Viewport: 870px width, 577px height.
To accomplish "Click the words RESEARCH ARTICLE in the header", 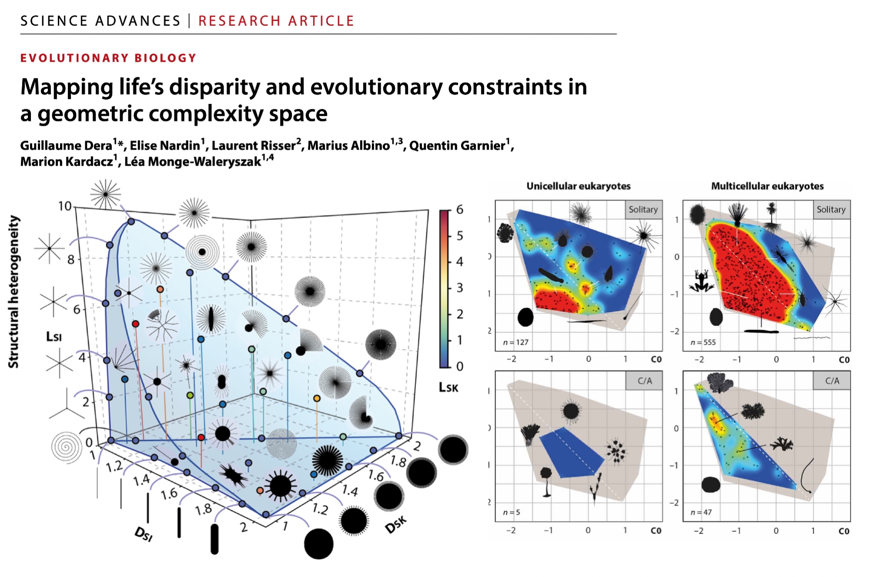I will point(276,21).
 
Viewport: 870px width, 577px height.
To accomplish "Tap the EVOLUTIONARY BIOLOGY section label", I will point(108,58).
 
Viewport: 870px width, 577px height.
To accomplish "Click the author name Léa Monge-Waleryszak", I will point(193,162).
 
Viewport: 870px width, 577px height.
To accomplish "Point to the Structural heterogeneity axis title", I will point(14,292).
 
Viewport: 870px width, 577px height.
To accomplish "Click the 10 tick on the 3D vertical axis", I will point(65,206).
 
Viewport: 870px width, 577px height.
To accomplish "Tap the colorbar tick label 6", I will point(460,210).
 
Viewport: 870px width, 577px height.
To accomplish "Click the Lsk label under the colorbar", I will point(448,387).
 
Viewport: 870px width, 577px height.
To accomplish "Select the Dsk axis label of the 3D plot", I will point(396,524).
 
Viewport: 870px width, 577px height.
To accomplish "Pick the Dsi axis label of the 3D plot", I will point(143,533).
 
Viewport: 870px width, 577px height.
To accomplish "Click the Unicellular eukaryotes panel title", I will point(578,186).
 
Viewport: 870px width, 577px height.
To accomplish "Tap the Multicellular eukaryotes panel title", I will point(767,186).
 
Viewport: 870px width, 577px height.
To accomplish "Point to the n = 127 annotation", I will point(515,342).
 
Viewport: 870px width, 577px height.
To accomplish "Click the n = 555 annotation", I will point(703,342).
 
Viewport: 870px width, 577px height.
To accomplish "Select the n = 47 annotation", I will point(701,512).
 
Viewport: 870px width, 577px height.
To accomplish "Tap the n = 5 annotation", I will point(511,512).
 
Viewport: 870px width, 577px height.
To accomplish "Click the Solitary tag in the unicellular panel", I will point(643,210).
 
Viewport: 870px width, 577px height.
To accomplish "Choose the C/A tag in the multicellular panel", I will point(832,381).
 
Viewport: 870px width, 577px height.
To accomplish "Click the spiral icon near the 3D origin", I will point(67,447).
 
